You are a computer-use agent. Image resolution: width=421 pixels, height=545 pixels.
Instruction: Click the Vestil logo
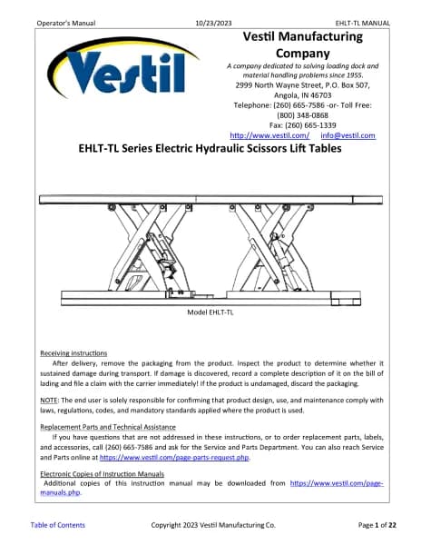(123, 68)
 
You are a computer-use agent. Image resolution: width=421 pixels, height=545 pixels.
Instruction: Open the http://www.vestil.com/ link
(269, 135)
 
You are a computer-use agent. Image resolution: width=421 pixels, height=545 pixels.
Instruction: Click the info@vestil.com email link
(348, 135)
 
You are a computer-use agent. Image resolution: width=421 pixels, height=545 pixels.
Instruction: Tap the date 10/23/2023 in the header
(213, 24)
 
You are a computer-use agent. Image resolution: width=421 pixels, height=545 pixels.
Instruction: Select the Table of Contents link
(57, 525)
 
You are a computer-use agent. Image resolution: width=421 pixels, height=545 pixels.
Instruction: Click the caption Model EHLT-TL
(210, 312)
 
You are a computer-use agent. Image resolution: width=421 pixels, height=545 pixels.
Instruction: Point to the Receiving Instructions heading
(73, 353)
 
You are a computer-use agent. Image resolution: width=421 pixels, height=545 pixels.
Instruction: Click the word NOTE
(49, 400)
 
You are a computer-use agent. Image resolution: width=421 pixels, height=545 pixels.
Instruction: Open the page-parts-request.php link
(174, 458)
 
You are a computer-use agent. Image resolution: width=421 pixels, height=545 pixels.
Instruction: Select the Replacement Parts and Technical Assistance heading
(108, 427)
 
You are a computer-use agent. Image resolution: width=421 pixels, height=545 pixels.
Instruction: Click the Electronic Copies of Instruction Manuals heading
(102, 474)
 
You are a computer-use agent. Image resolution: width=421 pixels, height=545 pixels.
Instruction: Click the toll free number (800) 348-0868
(303, 115)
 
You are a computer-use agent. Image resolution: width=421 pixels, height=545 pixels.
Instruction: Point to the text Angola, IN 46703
(303, 95)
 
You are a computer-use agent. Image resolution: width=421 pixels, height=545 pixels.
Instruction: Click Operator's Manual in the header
(66, 24)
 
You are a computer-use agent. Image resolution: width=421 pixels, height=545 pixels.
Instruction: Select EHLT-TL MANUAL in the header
(362, 24)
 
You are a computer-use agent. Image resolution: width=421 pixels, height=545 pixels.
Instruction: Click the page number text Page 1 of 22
(377, 525)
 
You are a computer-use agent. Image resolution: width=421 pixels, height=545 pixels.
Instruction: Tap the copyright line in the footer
(213, 525)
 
